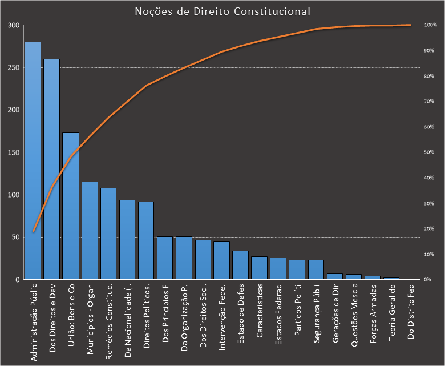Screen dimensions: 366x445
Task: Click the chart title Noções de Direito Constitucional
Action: click(222, 11)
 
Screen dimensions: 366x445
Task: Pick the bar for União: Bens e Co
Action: click(70, 206)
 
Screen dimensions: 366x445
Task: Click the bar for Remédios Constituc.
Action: click(108, 234)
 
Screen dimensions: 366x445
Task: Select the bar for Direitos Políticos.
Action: click(146, 240)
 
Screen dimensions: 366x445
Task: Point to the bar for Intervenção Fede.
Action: click(221, 260)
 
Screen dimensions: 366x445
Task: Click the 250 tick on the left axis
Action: click(13, 68)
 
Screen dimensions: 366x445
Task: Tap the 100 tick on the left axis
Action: click(13, 195)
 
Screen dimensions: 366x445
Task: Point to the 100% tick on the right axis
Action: click(431, 26)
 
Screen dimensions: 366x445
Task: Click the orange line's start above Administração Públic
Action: click(33, 231)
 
